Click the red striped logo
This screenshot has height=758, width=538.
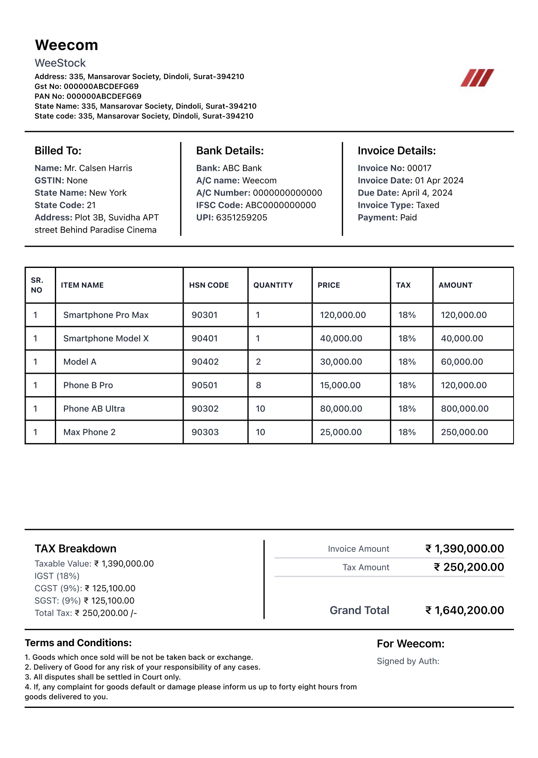pos(477,78)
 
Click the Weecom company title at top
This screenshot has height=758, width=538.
pos(67,45)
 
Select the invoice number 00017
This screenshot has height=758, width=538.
pos(419,168)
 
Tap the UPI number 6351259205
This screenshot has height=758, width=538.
pos(241,217)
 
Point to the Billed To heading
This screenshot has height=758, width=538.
pos(58,151)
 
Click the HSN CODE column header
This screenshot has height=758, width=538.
pos(209,285)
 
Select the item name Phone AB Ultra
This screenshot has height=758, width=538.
pos(94,409)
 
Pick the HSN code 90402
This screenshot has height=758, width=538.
pos(205,362)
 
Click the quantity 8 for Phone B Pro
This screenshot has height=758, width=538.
pos(259,385)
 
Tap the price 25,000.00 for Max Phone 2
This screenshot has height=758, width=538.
pos(341,432)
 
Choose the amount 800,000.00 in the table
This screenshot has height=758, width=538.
pos(465,409)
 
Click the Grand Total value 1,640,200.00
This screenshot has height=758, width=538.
pos(469,610)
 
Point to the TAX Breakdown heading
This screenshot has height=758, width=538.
pos(75,549)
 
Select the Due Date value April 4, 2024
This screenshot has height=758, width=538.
pos(427,193)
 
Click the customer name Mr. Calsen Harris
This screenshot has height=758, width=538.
pos(98,168)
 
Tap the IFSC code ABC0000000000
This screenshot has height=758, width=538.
pos(281,205)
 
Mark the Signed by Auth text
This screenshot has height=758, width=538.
pos(408,661)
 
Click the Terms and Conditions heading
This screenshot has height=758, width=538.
pos(78,643)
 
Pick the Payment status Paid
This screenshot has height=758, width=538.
pos(409,217)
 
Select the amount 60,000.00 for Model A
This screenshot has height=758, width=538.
pos(462,362)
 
